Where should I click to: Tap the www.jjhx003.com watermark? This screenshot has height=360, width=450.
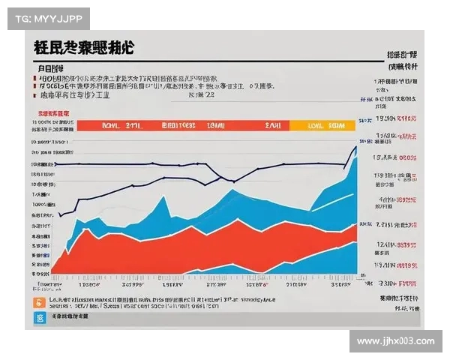[395, 341]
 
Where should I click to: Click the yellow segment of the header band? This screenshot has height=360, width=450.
[322, 126]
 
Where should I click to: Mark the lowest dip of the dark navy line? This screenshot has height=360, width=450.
[231, 181]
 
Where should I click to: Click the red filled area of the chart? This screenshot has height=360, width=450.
[150, 247]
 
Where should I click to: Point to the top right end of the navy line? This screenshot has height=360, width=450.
[355, 147]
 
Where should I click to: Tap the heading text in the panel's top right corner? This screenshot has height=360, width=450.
[401, 55]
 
